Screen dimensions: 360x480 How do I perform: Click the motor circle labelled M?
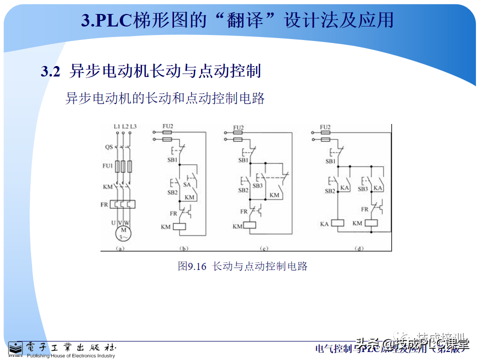(123, 233)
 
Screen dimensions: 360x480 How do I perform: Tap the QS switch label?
(108, 147)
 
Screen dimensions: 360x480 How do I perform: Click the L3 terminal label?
(133, 127)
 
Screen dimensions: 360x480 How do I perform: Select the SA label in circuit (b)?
(187, 184)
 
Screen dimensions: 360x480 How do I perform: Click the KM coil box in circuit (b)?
(179, 226)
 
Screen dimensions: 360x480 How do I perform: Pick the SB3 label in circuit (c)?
(257, 185)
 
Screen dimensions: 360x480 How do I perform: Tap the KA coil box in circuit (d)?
(338, 223)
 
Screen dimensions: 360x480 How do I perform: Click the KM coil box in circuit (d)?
(371, 223)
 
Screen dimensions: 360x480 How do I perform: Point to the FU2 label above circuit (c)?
(238, 128)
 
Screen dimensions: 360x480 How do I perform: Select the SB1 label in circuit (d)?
(330, 161)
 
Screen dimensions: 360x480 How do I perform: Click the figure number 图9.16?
(192, 266)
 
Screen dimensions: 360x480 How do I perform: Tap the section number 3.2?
(50, 71)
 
